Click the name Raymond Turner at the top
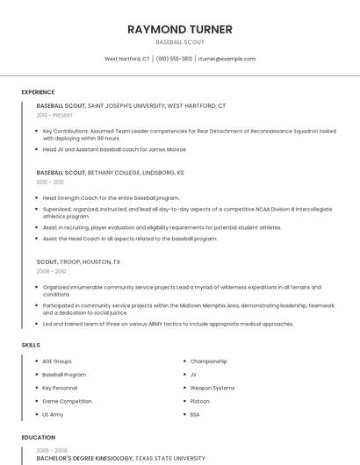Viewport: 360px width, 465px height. (x=180, y=29)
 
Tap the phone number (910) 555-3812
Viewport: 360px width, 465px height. (x=175, y=59)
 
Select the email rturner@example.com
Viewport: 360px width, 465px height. (x=227, y=59)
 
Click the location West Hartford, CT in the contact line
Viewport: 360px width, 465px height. (x=127, y=59)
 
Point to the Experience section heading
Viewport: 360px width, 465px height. (x=38, y=92)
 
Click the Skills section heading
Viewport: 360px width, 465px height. (x=30, y=345)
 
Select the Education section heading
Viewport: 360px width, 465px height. (x=38, y=437)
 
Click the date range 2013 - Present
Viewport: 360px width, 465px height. (x=54, y=115)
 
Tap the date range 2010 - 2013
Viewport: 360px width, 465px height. (x=50, y=182)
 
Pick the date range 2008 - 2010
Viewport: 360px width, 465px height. (x=50, y=271)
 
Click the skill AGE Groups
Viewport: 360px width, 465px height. (x=57, y=361)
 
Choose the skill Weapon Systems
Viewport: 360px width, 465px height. (x=212, y=387)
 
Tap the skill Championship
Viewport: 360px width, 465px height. (x=209, y=361)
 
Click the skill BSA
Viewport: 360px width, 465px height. (x=195, y=413)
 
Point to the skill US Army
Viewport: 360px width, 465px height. (x=53, y=413)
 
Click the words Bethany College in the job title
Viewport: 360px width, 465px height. (x=113, y=173)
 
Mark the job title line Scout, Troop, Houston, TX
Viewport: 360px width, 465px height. (x=78, y=261)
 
